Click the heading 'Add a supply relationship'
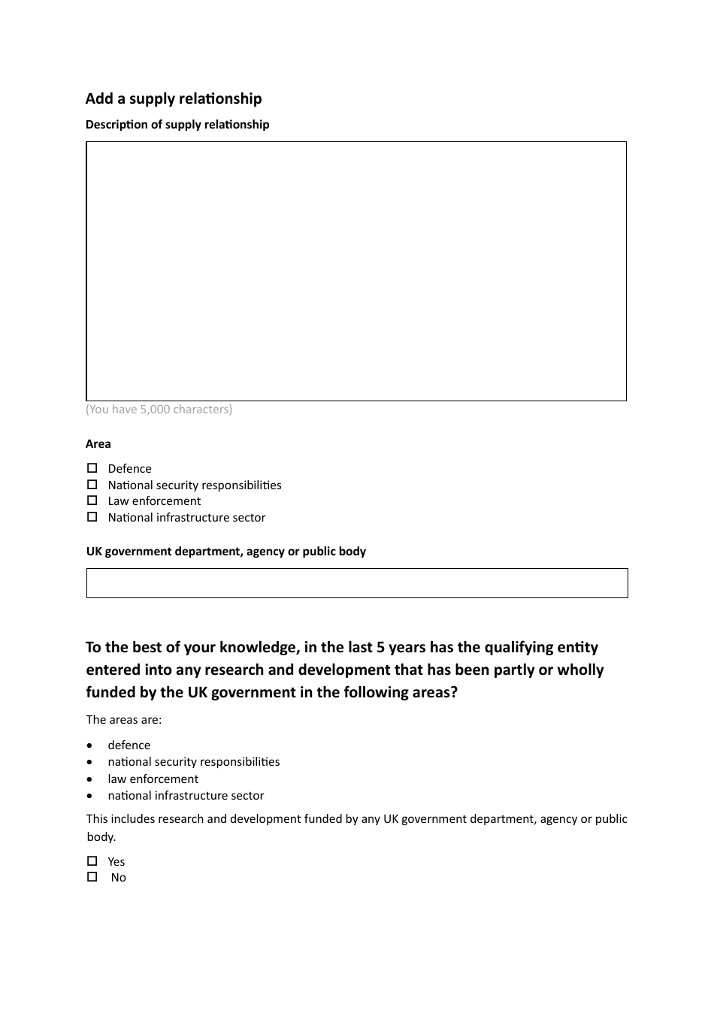tap(174, 98)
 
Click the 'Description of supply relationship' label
tap(177, 125)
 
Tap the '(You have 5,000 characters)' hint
tap(159, 410)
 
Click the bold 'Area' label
tap(98, 444)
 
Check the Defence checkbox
tap(92, 468)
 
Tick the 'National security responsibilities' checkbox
tap(92, 485)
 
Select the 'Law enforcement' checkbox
tap(92, 500)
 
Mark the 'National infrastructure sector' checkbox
tap(92, 517)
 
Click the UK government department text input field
tap(357, 583)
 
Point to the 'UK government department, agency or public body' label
tap(226, 552)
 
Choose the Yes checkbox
tap(92, 861)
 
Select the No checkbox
tap(92, 877)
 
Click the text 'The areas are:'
tap(124, 720)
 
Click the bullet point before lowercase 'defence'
tap(91, 745)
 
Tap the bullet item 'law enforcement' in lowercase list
tap(153, 779)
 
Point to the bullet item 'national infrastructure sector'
tap(186, 796)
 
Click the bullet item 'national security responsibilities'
tap(194, 762)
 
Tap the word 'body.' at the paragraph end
tap(101, 837)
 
